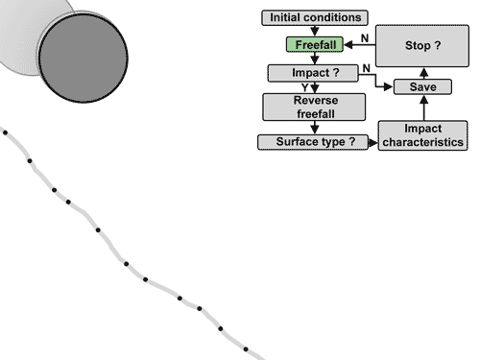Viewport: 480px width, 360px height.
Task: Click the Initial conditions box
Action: coord(315,17)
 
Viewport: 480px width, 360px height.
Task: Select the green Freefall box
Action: coord(315,45)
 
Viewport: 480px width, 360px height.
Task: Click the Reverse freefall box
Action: coord(315,107)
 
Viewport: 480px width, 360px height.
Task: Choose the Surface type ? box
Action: coord(315,142)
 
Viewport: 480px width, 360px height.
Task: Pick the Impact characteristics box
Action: coord(422,134)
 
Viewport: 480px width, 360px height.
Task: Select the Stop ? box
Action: coord(422,46)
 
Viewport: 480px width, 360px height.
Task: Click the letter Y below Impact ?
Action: coord(304,87)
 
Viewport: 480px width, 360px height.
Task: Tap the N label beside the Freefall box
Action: coord(363,37)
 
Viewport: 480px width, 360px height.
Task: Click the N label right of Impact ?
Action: coord(366,67)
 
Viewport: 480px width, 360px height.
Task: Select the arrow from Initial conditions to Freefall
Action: coord(315,31)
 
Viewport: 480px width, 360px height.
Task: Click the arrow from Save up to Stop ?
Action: coord(423,73)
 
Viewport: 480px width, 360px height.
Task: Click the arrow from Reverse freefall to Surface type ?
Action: coord(315,127)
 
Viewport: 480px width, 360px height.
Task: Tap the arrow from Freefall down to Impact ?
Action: coord(315,59)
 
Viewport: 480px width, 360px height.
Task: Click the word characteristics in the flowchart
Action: coord(422,142)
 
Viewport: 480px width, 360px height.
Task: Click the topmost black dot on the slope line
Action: coord(7,132)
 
